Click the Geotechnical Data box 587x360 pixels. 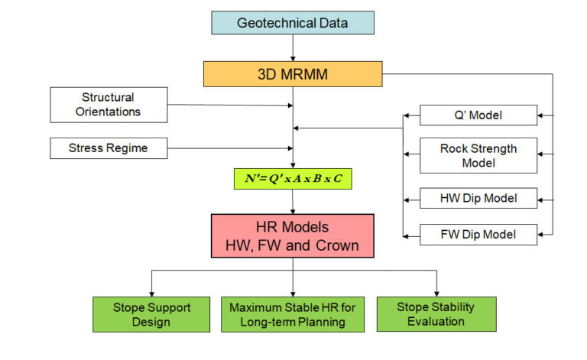coord(293,23)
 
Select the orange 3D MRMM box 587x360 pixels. coord(293,74)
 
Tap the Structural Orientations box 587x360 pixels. coord(108,105)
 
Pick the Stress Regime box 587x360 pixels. coord(108,148)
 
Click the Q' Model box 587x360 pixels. coord(478,116)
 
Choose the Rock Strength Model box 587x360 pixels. coord(478,156)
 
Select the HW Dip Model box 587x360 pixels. coord(478,199)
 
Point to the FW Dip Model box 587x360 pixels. coord(478,234)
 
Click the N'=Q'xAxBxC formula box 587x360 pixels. coord(293,179)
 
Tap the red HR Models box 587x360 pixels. coord(293,236)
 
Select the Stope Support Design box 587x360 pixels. coord(151,314)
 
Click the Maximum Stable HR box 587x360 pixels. coord(293,314)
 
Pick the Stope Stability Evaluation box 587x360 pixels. coord(436,314)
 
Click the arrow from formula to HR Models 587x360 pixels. coord(293,203)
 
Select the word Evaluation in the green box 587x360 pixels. coord(436,322)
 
